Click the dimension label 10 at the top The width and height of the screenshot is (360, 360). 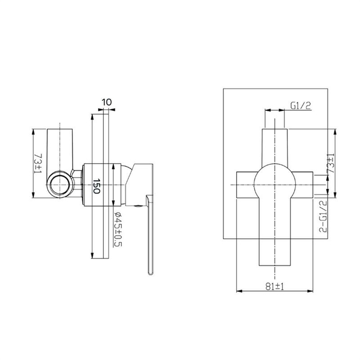click(107, 102)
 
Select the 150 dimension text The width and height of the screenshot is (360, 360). click(97, 186)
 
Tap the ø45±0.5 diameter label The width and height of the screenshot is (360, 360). click(118, 229)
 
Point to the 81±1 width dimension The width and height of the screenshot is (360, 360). click(275, 287)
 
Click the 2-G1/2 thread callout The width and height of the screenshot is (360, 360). click(323, 216)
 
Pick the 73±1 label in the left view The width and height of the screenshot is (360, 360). click(38, 163)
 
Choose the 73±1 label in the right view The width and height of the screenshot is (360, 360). click(331, 163)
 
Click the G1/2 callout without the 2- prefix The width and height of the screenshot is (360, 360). click(301, 106)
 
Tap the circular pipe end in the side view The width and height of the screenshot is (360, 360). click(60, 184)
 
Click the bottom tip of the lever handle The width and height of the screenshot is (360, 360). click(150, 274)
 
